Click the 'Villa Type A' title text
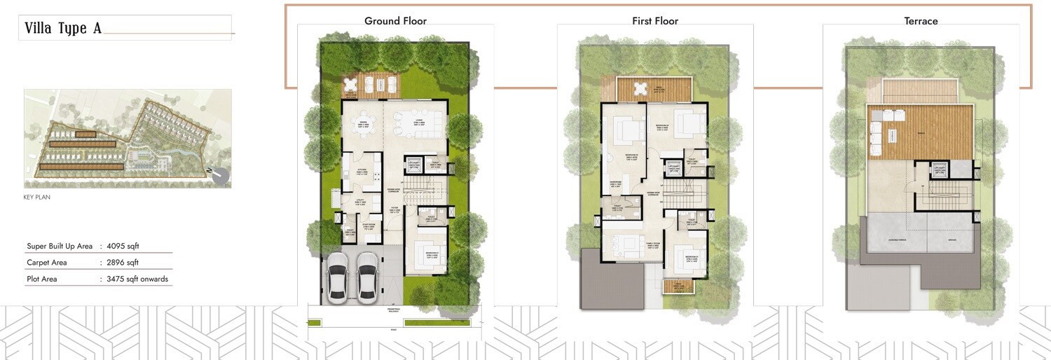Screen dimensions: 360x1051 tap(63, 29)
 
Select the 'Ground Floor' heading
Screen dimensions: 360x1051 tap(395, 21)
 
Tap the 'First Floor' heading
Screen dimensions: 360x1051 tap(655, 21)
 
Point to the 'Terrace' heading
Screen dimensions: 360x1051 tap(921, 21)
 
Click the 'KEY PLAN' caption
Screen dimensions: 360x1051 tap(37, 198)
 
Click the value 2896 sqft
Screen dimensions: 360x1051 tap(123, 263)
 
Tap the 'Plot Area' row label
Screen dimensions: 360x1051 tap(42, 279)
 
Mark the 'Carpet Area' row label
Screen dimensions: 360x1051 tap(46, 263)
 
